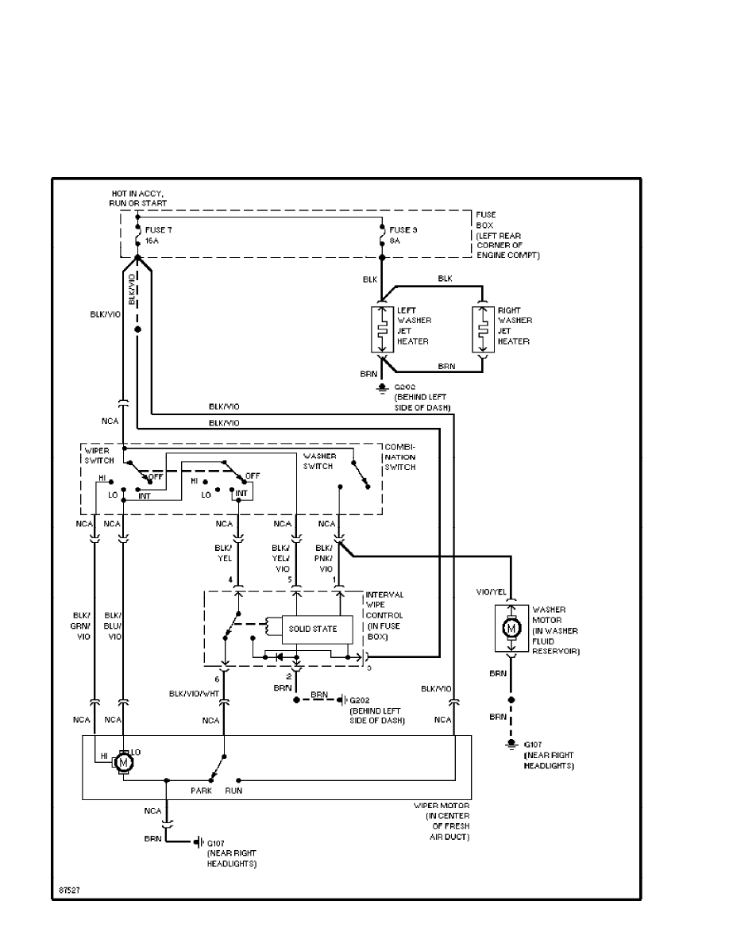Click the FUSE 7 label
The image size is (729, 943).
[157, 229]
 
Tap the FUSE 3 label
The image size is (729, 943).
[403, 229]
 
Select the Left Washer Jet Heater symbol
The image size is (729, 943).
[382, 329]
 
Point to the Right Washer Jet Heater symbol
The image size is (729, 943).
[483, 329]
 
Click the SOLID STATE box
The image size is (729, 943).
[312, 629]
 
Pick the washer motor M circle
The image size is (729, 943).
[511, 628]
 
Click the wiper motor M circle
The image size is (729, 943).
[123, 763]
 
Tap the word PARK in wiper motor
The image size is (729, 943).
[200, 791]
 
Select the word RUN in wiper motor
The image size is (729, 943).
[233, 791]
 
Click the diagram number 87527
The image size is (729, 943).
[69, 890]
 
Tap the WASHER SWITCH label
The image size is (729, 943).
[320, 461]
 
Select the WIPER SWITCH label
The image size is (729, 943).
[98, 456]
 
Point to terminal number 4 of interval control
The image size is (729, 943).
[230, 580]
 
